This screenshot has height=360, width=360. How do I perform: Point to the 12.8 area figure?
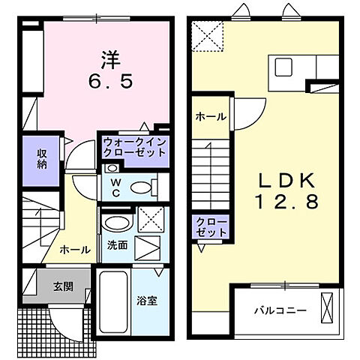[x=286, y=201]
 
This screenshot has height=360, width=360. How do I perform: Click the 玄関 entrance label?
[x=63, y=286]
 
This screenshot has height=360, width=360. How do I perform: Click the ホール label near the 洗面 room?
[x=75, y=249]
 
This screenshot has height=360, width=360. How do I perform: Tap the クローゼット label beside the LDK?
[x=211, y=227]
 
